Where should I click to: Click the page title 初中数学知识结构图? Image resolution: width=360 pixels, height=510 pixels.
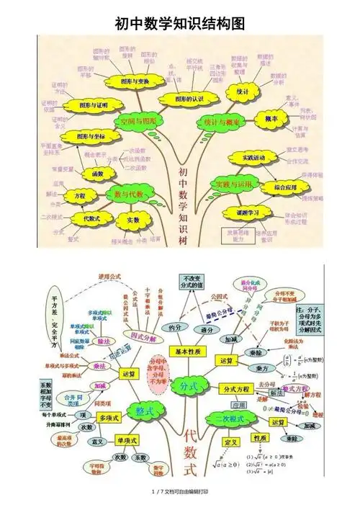180,24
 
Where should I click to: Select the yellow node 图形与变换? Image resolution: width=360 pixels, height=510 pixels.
130,81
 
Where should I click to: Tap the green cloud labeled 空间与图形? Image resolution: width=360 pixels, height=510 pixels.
138,120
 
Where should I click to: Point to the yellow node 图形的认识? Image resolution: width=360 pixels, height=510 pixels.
190,98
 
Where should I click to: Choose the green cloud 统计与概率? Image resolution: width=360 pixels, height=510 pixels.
223,122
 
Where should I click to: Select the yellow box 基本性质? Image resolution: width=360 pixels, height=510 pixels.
190,351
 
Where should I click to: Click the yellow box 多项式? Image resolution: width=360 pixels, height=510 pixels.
108,417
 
